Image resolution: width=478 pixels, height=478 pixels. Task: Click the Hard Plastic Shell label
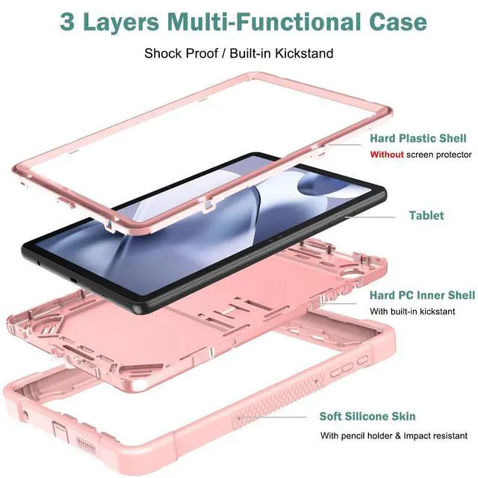click(418, 138)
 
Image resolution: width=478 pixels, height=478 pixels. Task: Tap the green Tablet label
click(426, 215)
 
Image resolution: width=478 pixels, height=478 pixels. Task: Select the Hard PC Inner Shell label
click(422, 295)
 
